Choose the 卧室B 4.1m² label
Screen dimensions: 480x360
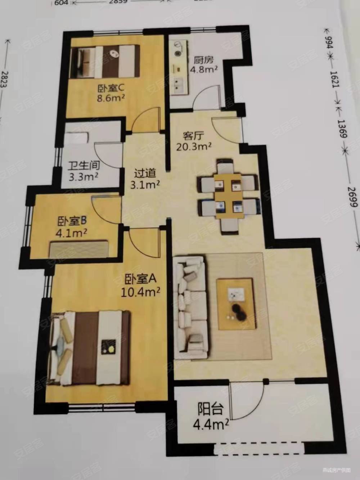point(72,225)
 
